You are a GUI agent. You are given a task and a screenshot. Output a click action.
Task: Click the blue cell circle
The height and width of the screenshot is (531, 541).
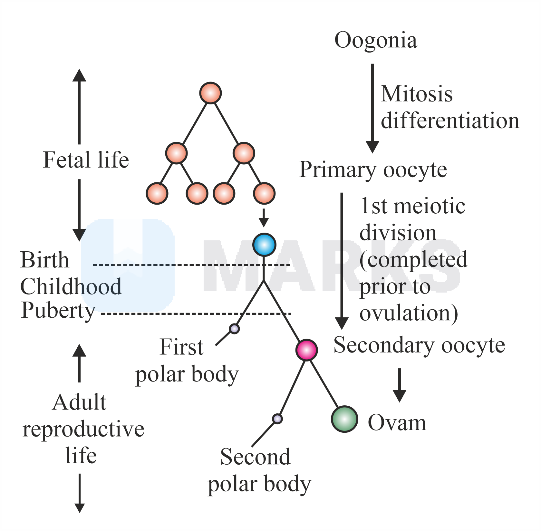point(264,245)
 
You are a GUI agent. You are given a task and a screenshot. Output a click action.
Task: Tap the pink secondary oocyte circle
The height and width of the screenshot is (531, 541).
point(307,350)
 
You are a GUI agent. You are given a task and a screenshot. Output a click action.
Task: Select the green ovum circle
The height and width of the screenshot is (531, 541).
point(344,419)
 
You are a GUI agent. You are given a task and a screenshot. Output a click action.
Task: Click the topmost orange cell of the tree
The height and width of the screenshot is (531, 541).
point(210,93)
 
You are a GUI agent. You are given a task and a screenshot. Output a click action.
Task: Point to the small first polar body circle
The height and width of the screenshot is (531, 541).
point(234,329)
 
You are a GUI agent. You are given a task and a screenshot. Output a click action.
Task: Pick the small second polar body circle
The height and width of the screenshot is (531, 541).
point(277,419)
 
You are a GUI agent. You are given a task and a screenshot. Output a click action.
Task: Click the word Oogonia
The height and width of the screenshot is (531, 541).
point(376,40)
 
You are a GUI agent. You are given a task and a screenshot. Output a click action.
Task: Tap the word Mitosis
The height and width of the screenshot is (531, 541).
point(417,94)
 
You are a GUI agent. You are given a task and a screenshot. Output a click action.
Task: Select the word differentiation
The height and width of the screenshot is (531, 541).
point(450,121)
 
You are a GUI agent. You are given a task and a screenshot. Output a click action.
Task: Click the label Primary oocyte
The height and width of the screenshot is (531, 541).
point(373,170)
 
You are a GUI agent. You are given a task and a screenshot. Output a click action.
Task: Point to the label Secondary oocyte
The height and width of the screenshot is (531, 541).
point(419,345)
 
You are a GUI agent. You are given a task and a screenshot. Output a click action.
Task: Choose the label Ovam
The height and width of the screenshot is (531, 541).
point(397,423)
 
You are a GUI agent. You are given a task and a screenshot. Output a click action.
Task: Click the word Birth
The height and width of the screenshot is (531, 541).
point(45,260)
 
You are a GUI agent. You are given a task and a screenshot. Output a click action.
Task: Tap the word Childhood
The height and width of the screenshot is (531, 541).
point(71,286)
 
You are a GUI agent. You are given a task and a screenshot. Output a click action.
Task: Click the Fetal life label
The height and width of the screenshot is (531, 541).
point(86,160)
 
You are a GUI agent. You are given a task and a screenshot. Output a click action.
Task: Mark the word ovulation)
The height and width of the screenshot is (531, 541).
point(409,313)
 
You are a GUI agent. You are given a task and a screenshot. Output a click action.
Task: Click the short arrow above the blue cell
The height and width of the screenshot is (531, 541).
point(264,218)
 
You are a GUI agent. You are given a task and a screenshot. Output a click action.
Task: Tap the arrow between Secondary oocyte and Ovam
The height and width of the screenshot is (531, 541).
point(399,385)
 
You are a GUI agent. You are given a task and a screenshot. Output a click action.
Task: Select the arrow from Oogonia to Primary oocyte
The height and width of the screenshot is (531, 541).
point(372,108)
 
